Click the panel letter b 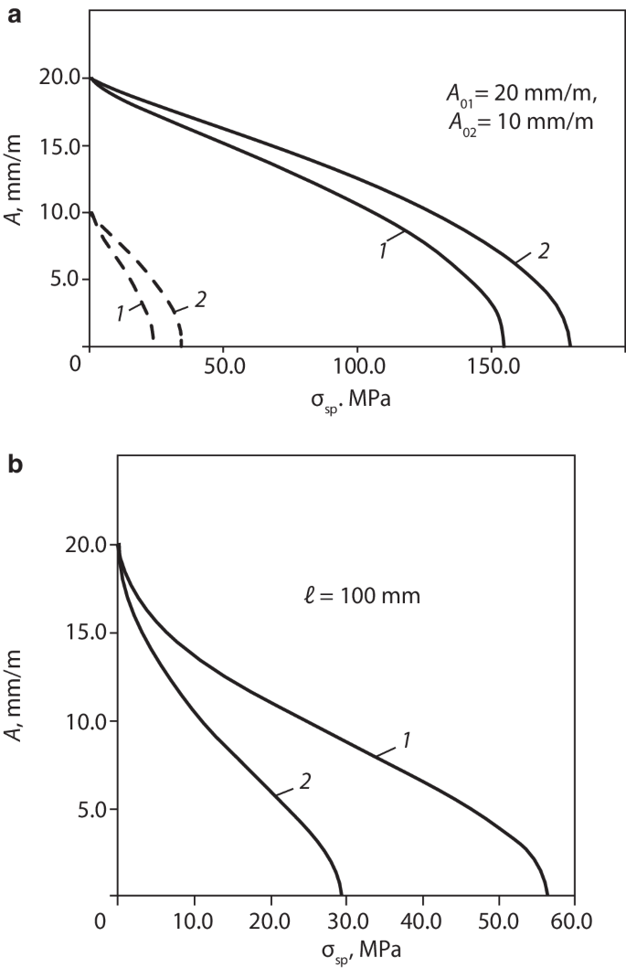pyautogui.click(x=15, y=465)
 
